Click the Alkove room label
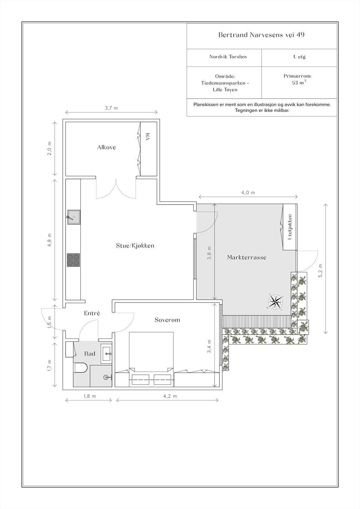coord(106,147)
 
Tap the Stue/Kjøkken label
coord(135,246)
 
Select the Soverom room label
coord(167,320)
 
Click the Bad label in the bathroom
coord(89,354)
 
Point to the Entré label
coord(92,313)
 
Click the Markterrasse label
coord(247,257)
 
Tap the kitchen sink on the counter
coord(74,217)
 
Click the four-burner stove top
coord(74,260)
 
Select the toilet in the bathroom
coord(80,368)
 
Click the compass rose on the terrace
coord(275,302)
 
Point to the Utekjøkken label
coord(290,227)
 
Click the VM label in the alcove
coord(147,137)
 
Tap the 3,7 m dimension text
coord(111,108)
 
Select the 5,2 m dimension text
coord(320,271)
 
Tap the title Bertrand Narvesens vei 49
coord(261,35)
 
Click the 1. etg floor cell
coord(299,57)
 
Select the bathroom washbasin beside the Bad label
coord(106,353)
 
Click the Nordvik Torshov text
coord(228,57)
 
